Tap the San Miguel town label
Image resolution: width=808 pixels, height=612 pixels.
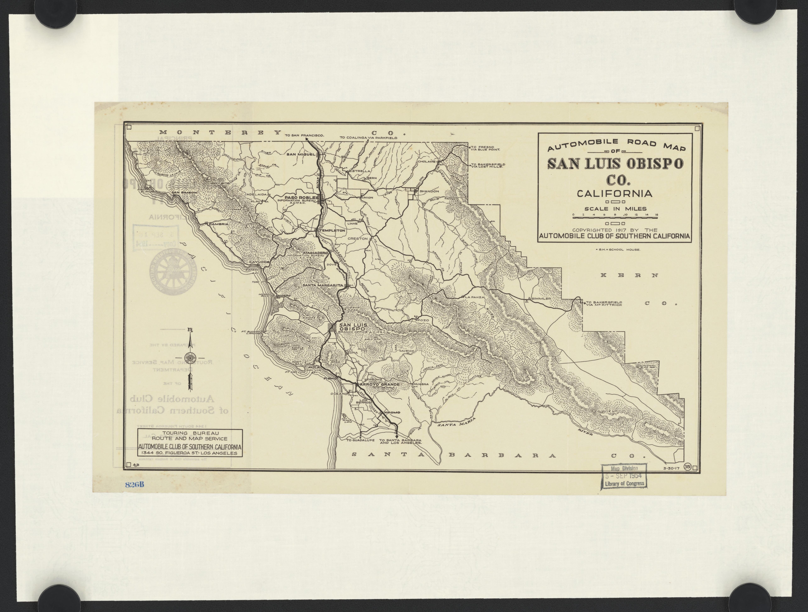[x=301, y=154]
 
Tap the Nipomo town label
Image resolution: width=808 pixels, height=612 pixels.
[x=392, y=412]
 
